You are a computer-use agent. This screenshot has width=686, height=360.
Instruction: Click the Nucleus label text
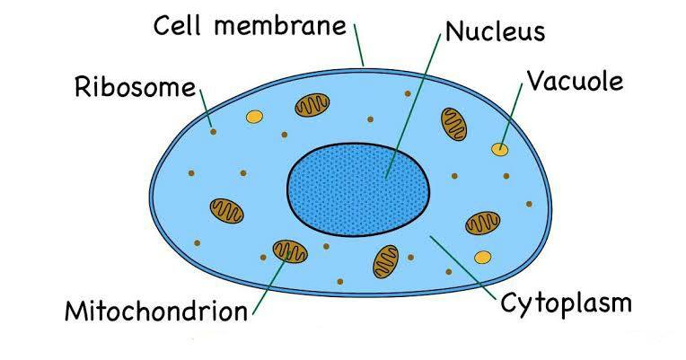[496, 32]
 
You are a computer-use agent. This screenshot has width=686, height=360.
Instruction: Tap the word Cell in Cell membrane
[178, 25]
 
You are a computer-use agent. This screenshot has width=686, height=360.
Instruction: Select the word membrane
[280, 25]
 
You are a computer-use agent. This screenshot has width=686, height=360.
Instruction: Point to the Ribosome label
[136, 86]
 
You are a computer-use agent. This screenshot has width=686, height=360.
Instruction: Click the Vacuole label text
[576, 81]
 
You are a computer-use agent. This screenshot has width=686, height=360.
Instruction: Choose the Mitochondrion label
[156, 311]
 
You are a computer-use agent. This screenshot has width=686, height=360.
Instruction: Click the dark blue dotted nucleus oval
[358, 189]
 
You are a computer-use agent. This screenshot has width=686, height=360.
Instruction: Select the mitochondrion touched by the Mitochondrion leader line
[290, 251]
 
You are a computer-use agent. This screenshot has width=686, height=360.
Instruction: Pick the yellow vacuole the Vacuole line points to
[499, 150]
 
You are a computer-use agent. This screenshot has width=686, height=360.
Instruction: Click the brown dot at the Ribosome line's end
[214, 131]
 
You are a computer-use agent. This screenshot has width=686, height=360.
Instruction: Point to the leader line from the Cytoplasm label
[463, 268]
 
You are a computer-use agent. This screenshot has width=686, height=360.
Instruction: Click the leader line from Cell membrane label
[359, 45]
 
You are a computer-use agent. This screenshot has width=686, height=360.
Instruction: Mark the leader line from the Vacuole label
[511, 116]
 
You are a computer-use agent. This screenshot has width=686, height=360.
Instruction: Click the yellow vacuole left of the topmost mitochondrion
[254, 117]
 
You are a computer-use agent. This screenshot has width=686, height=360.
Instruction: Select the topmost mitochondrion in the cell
[312, 105]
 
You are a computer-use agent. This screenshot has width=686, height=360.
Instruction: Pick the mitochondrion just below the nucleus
[386, 261]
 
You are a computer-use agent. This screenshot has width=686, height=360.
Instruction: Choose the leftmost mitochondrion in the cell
[226, 211]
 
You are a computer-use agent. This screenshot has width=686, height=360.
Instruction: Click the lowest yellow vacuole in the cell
[482, 257]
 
